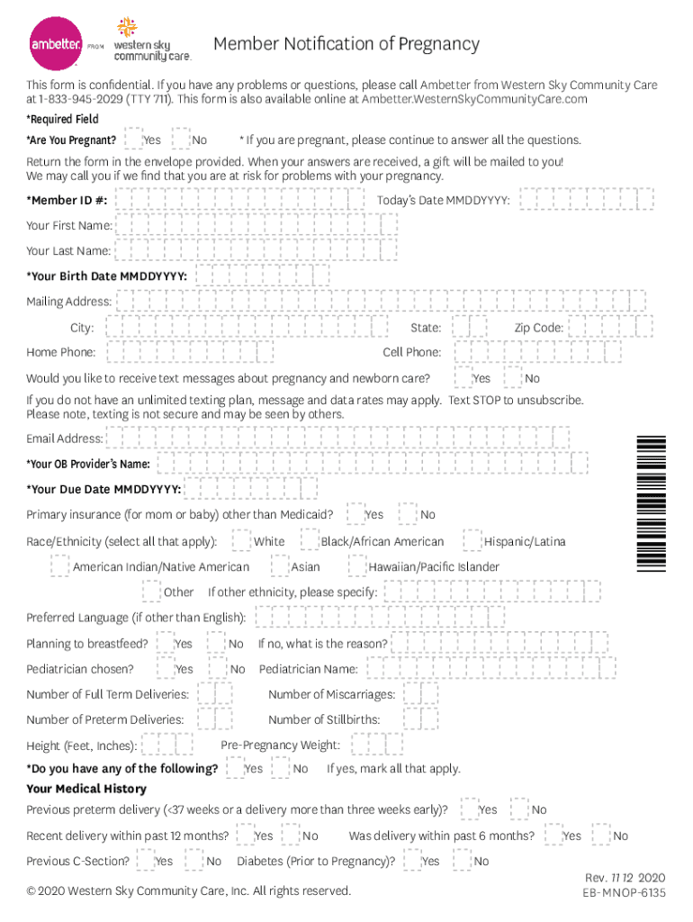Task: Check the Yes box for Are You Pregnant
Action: [132, 140]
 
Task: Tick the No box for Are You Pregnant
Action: [181, 140]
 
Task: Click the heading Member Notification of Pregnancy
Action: [346, 44]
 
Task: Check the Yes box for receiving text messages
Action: [463, 377]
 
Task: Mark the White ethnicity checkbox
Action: [241, 541]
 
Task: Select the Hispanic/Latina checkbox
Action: [472, 541]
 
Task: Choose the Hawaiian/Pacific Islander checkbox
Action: [357, 566]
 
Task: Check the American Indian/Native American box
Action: [60, 566]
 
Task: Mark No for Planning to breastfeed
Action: [217, 643]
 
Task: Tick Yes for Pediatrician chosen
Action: [165, 668]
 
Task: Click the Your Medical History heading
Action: [86, 789]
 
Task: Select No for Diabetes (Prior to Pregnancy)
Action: [463, 861]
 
